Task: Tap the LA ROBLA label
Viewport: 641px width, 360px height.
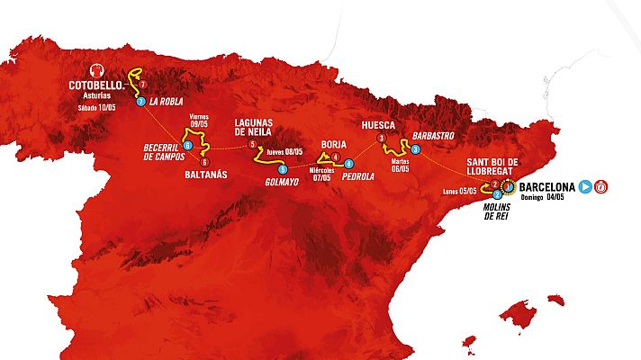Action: pos(167,102)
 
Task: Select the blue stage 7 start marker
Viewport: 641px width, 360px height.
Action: pos(141,102)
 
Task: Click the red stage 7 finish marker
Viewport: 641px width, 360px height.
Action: pos(142,84)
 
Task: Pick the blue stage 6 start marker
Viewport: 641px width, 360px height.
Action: pos(187,145)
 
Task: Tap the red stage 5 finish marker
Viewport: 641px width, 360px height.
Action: pos(253,144)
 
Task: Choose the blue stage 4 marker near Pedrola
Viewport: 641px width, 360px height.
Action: pos(348,163)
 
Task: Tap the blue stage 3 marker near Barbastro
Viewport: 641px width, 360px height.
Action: pos(416,149)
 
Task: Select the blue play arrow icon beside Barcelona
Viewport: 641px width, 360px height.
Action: pos(586,187)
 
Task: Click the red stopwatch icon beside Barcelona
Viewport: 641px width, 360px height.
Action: pos(601,187)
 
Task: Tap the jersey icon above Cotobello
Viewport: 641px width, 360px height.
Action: pos(97,70)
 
